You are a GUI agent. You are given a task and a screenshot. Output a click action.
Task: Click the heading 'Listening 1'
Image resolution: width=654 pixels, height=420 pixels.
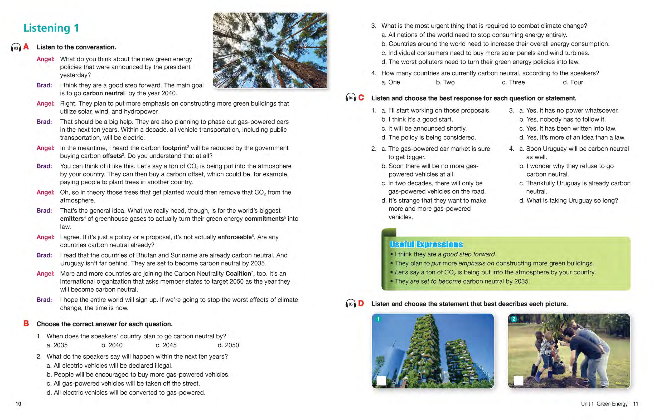point(51,28)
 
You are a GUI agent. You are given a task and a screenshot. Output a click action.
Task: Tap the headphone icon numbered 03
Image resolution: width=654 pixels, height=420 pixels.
point(16,48)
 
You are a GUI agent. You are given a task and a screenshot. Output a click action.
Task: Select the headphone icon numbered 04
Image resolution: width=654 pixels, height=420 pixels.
point(351,98)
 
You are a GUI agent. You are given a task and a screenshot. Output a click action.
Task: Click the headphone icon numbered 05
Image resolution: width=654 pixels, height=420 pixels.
point(351,304)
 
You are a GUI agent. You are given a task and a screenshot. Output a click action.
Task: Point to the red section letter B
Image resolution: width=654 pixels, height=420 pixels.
point(26,323)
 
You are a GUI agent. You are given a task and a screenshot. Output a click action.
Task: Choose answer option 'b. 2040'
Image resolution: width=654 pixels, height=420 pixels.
point(112,345)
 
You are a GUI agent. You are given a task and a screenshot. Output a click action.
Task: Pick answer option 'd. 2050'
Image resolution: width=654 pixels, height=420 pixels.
point(228,345)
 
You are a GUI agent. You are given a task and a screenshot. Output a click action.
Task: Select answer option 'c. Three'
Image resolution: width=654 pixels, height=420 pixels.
point(513,82)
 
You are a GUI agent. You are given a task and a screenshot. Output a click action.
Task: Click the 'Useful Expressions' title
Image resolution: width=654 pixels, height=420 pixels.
point(426,244)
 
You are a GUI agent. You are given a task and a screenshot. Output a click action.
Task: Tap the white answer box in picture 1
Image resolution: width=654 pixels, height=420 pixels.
point(381,381)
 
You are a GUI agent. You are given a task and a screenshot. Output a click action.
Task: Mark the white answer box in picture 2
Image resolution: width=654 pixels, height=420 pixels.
point(518,381)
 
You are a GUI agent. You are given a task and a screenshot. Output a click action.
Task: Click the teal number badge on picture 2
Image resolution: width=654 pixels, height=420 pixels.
point(514,319)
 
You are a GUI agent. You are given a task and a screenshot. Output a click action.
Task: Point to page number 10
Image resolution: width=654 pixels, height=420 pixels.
point(18,404)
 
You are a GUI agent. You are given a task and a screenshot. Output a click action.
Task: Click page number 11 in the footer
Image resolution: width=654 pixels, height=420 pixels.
point(636,404)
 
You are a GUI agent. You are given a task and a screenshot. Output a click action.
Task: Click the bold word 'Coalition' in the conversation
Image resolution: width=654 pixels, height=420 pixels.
point(238,274)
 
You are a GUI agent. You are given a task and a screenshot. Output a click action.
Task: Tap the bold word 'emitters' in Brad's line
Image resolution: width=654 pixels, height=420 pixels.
point(72,219)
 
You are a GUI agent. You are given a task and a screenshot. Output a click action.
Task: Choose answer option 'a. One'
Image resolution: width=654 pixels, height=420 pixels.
point(391,82)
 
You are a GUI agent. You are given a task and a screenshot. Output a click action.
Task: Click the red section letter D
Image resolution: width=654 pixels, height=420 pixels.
point(361,303)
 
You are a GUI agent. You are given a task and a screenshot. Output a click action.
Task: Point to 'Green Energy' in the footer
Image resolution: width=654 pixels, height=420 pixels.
point(612,404)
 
